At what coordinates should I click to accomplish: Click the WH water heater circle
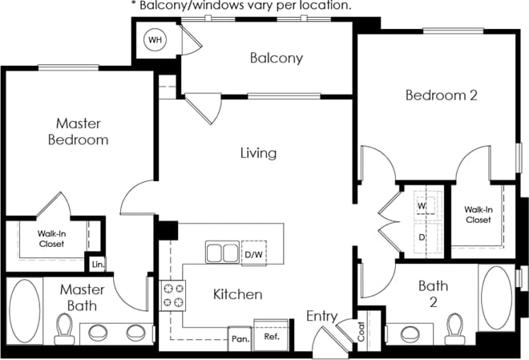point(154,39)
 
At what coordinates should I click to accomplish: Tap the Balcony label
point(276,58)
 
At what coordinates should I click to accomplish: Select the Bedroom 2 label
point(441,95)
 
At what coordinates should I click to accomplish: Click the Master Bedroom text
point(82,131)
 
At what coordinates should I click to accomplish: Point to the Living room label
point(259,152)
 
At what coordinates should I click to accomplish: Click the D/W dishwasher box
point(253,254)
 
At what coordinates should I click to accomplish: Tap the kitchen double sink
point(222,253)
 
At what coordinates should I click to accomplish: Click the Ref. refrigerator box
point(271,337)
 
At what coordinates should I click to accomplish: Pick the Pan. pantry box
point(240,338)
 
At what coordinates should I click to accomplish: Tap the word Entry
point(321,317)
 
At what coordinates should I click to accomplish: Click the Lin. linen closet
point(98,263)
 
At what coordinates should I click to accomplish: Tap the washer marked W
point(422,205)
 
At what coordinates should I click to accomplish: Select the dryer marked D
point(422,237)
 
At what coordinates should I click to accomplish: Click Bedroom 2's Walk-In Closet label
point(478,214)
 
